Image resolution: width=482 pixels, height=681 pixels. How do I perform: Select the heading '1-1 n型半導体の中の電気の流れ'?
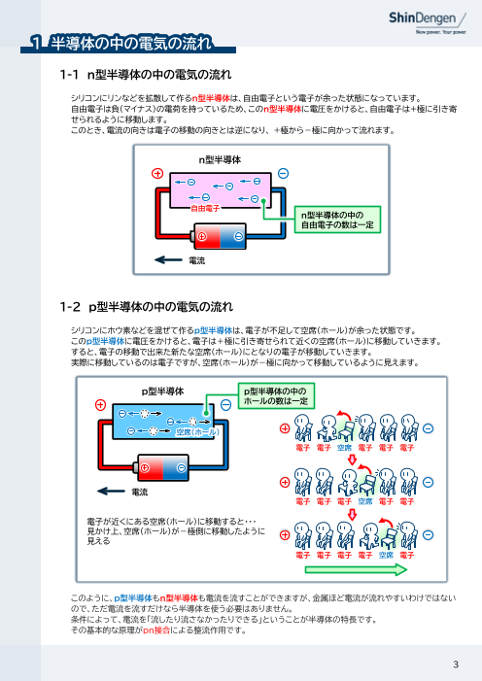click(145, 74)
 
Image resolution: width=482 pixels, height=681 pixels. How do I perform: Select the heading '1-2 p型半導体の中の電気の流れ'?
click(146, 307)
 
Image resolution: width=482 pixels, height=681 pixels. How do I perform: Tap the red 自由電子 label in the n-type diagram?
click(205, 208)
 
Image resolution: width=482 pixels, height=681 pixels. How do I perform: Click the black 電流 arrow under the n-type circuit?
click(169, 260)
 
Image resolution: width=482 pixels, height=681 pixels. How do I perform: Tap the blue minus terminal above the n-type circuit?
click(282, 172)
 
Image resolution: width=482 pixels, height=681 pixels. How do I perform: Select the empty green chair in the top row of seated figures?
click(344, 431)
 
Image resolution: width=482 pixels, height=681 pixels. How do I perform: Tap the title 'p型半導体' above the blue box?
click(161, 390)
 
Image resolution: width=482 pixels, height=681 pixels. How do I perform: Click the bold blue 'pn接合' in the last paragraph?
click(155, 630)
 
